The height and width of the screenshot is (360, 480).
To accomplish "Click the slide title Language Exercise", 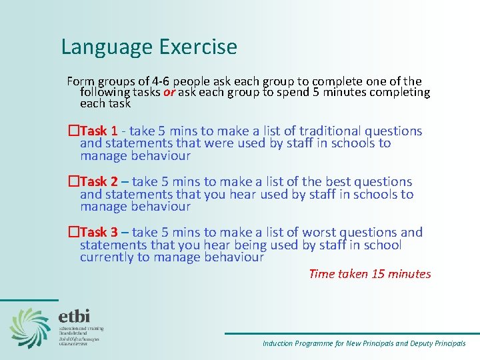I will point(149,47).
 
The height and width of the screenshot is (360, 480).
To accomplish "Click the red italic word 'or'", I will point(169,93).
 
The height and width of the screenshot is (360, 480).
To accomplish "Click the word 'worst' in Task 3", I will point(319,233).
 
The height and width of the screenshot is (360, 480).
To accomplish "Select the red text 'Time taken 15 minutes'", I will point(370,274).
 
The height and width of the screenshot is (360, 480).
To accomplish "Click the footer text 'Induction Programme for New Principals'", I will point(327,343).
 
